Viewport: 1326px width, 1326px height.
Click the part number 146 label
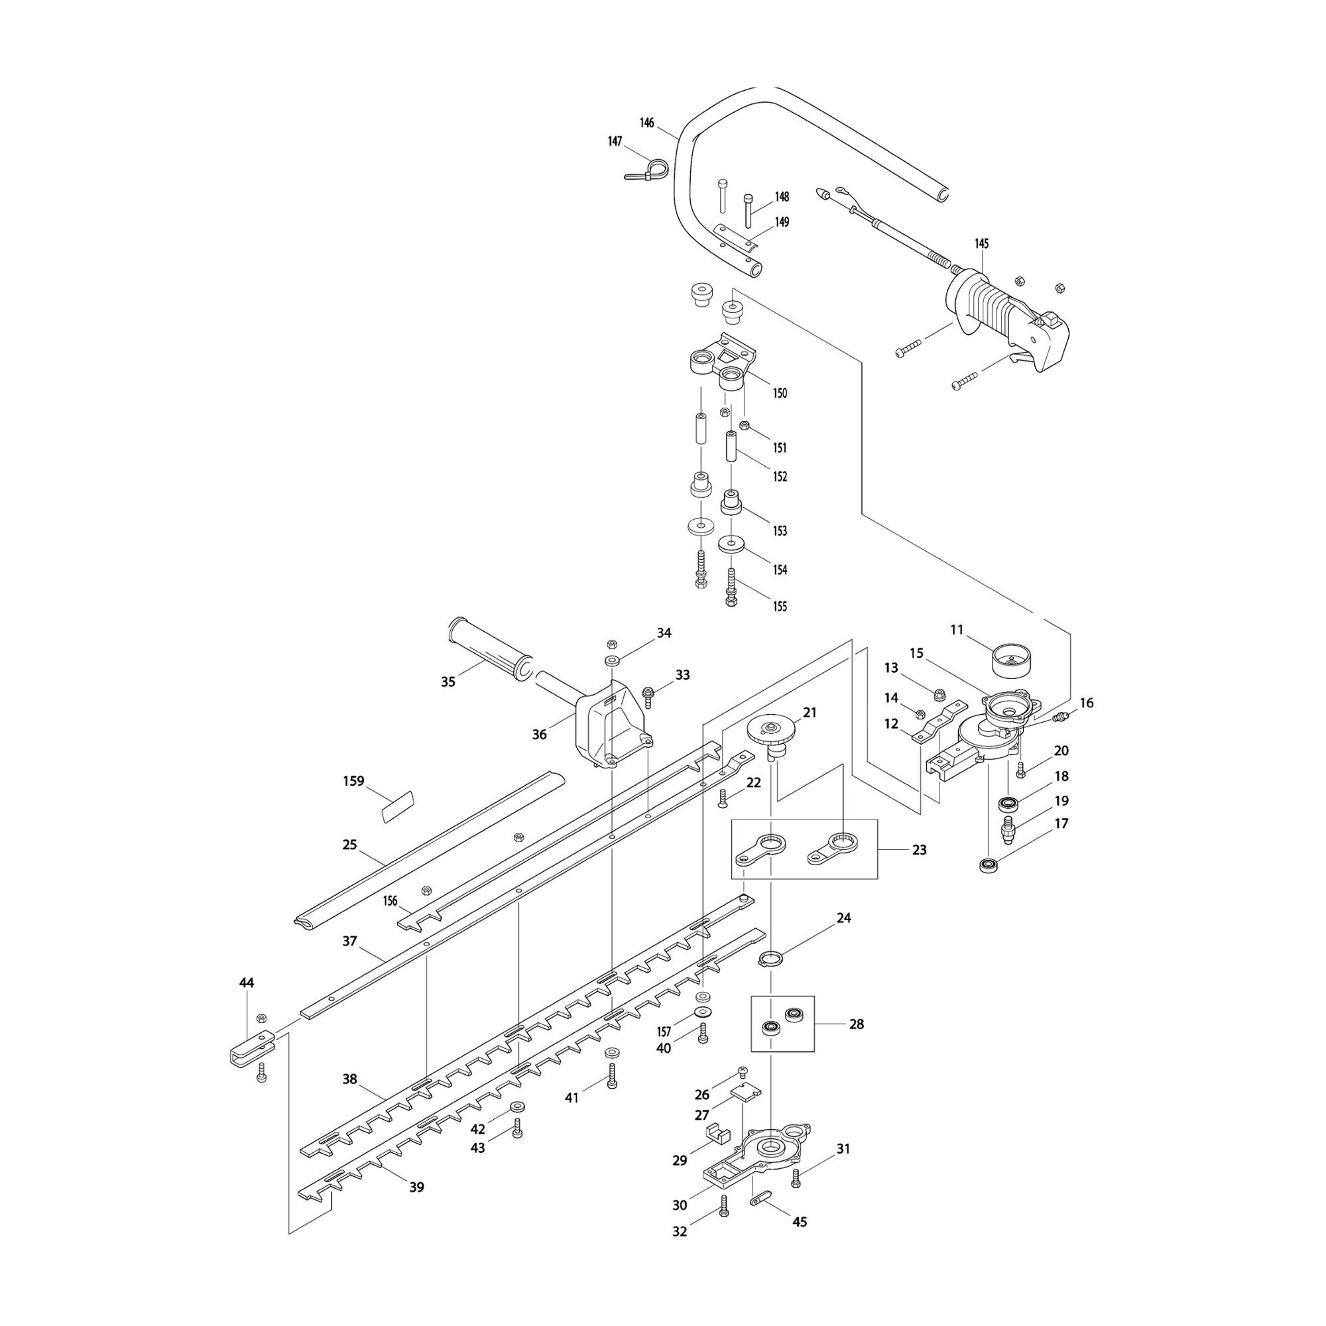click(x=646, y=123)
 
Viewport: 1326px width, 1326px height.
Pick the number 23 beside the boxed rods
click(x=919, y=850)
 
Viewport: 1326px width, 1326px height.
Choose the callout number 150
click(x=780, y=393)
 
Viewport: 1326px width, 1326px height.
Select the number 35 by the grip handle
click(x=448, y=682)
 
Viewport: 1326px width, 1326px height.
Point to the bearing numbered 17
click(x=988, y=865)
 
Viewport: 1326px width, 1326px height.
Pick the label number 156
click(x=391, y=901)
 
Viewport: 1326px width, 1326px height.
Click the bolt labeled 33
click(x=648, y=694)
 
